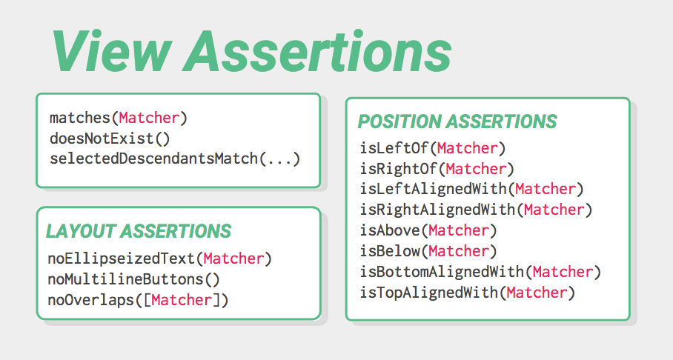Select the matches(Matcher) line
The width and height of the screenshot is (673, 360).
pyautogui.click(x=119, y=118)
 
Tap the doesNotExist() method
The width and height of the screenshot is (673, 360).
pyautogui.click(x=110, y=139)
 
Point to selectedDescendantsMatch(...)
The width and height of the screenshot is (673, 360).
pyautogui.click(x=175, y=159)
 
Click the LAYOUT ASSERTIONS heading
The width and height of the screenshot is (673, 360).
pyautogui.click(x=139, y=231)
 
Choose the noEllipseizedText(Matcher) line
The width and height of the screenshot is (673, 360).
pyautogui.click(x=159, y=259)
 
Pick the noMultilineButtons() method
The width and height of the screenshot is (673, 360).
pyautogui.click(x=134, y=279)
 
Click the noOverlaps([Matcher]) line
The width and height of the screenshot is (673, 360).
pyautogui.click(x=138, y=300)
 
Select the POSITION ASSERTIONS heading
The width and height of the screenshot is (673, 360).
pyautogui.click(x=457, y=121)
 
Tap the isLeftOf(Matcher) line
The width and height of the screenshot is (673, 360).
pyautogui.click(x=433, y=148)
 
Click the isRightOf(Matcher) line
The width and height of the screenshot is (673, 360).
pyautogui.click(x=437, y=169)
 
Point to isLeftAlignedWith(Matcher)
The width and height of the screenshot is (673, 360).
pyautogui.click(x=472, y=189)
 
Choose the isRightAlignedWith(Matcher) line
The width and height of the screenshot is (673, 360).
pyautogui.click(x=477, y=210)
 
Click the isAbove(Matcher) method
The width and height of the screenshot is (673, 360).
pyautogui.click(x=429, y=230)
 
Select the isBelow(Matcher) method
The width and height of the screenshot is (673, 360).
pyautogui.click(x=429, y=251)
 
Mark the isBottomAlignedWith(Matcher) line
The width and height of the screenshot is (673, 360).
pyautogui.click(x=481, y=272)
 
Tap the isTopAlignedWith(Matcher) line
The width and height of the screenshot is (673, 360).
pyautogui.click(x=468, y=293)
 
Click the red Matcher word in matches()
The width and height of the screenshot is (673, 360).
pyautogui.click(x=149, y=118)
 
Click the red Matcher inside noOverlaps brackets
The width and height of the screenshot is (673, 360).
pyautogui.click(x=182, y=300)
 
